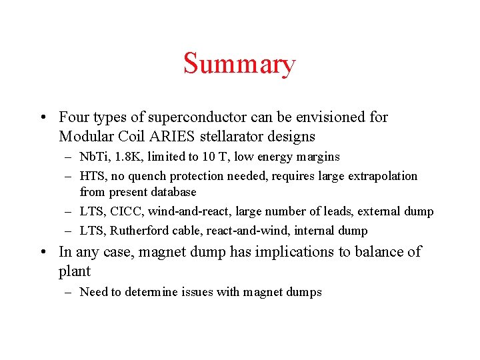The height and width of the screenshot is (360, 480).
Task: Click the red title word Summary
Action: coord(239,65)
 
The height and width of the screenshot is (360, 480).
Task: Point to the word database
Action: coord(174,192)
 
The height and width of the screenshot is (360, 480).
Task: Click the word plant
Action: coord(75,271)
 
